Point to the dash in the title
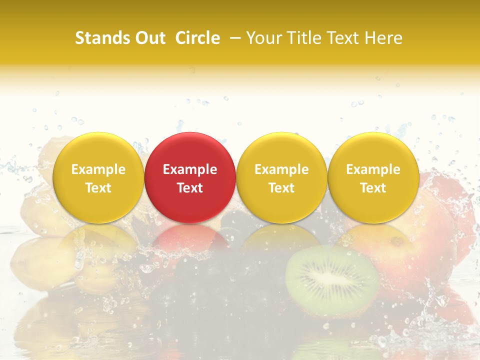click(234, 38)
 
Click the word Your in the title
click(262, 38)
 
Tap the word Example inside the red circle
click(190, 169)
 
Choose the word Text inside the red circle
click(190, 188)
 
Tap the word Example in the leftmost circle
click(98, 169)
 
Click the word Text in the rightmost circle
click(373, 188)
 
